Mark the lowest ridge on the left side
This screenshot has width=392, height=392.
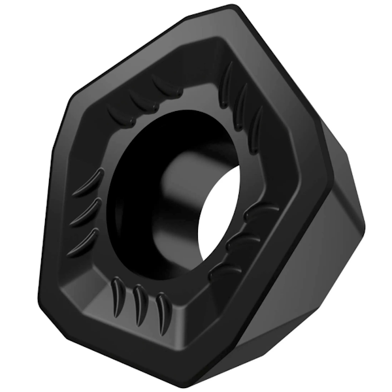86,239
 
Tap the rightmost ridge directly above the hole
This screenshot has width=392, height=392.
163,84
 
